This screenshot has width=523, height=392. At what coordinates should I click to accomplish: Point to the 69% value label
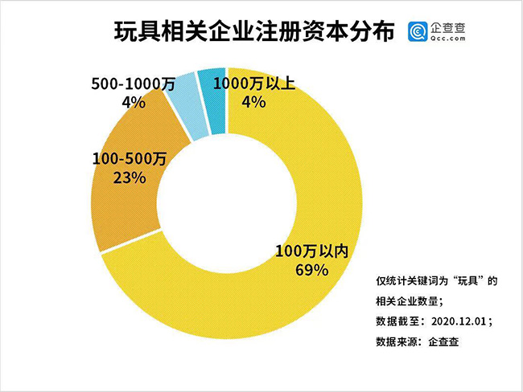(x=311, y=270)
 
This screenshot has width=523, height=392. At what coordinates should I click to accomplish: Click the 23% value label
(x=130, y=178)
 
